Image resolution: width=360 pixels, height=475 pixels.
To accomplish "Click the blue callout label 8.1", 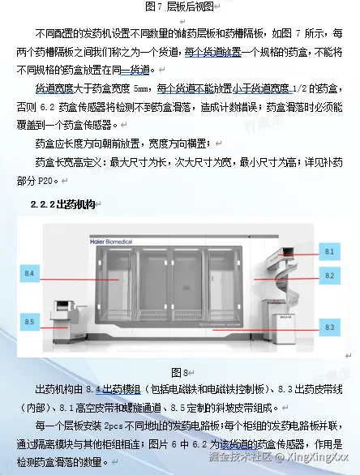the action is point(329,251).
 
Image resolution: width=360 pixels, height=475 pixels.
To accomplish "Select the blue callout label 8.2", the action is point(329,276).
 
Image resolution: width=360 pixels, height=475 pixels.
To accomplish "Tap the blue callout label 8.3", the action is point(329,327).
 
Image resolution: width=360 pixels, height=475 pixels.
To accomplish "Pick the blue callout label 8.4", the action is point(29,273).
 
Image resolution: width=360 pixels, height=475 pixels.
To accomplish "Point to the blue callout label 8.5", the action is point(29,322).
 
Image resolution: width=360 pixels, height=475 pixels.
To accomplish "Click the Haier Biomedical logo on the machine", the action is point(111,242).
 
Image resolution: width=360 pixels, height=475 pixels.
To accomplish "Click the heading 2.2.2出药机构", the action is point(63,204).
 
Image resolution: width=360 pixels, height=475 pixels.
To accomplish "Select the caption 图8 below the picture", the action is point(180,372).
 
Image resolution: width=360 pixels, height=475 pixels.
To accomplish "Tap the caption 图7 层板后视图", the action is point(180,6).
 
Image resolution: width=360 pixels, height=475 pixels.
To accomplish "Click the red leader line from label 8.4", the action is point(79,280).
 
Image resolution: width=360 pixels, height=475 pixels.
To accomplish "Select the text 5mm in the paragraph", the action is point(141,89).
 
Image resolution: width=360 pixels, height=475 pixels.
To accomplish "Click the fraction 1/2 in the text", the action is point(300,88).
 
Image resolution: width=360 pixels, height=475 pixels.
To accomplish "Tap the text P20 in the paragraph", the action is point(45,181).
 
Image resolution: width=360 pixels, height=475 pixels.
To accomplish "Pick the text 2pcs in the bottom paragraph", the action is point(114,426).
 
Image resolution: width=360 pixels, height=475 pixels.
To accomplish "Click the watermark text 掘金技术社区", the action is point(239,456).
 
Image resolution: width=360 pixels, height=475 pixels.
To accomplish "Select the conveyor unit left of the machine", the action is point(68,321).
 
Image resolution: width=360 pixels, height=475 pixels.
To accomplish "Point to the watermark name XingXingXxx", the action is point(318,456).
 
